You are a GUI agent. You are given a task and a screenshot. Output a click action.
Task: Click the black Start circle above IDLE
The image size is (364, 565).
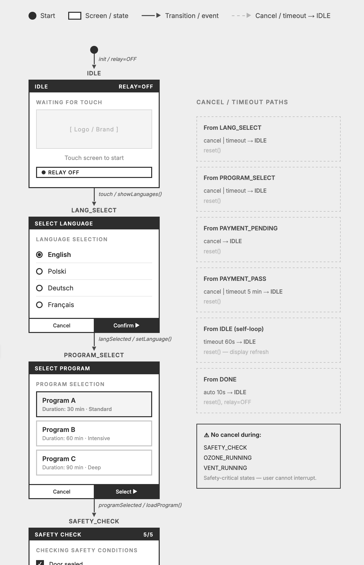[94, 50]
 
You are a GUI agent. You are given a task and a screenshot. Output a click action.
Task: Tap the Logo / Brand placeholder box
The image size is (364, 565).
[94, 129]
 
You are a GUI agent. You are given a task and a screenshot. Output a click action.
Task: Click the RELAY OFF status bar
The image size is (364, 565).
[94, 172]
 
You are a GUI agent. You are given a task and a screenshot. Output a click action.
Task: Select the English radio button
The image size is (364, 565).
[39, 255]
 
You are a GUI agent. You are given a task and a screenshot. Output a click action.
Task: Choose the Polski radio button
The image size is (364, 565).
[39, 271]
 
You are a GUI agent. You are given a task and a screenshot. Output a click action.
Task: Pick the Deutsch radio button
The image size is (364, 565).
[39, 288]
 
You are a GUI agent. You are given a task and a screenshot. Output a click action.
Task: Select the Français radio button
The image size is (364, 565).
[39, 305]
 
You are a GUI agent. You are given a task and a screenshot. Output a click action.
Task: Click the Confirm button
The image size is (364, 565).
[127, 325]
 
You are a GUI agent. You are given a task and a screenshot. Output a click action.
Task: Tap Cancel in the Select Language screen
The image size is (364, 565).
[62, 325]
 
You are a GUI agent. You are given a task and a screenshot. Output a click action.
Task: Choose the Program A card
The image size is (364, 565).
[94, 404]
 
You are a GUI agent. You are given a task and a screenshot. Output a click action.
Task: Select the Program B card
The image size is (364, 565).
[94, 434]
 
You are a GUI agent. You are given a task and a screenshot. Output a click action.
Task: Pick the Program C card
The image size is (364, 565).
[94, 463]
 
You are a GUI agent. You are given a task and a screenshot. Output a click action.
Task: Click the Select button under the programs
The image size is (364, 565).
[127, 492]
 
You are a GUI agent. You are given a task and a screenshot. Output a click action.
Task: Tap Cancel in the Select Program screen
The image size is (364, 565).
[62, 492]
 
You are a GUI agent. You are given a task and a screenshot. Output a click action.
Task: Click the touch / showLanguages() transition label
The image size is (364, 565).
[130, 194]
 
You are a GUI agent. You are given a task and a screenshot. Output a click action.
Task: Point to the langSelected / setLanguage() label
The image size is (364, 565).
[135, 339]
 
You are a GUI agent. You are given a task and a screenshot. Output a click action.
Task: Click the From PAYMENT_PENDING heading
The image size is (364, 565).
[240, 228]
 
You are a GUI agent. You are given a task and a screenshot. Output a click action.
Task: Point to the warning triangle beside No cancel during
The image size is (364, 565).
[207, 435]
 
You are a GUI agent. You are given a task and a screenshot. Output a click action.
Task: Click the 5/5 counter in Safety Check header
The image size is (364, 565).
[148, 535]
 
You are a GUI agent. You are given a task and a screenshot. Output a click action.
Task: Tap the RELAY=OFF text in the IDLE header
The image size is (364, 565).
[136, 87]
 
